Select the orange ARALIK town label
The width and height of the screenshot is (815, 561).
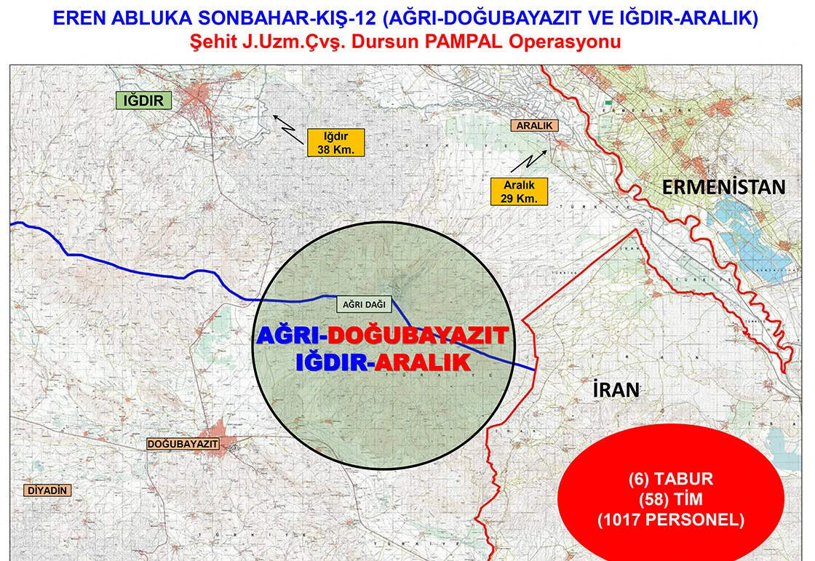click(535, 125)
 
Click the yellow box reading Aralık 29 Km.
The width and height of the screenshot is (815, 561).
click(519, 191)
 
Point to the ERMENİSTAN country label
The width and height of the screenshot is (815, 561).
click(723, 187)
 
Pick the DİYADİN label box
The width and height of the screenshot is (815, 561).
click(48, 490)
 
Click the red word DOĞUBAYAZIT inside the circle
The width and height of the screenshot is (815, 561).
click(417, 335)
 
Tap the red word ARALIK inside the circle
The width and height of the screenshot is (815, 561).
click(424, 362)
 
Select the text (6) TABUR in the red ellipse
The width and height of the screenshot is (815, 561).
click(670, 480)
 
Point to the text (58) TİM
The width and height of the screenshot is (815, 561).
click(670, 500)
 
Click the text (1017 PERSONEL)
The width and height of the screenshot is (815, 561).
click(670, 520)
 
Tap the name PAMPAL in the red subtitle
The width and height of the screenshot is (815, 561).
click(460, 41)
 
